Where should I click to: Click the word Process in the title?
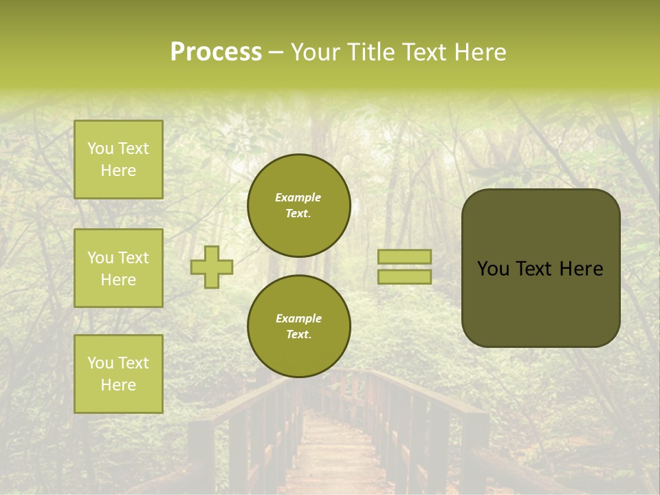click(x=216, y=52)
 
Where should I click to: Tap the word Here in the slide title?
click(x=479, y=52)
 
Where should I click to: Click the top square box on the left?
click(x=118, y=159)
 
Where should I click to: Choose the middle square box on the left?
click(x=118, y=268)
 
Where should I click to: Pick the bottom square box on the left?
click(x=118, y=374)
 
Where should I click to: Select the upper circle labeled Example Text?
click(x=299, y=206)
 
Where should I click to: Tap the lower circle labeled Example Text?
click(x=299, y=327)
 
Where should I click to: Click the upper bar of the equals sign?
click(x=405, y=256)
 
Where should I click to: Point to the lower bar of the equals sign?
click(x=405, y=276)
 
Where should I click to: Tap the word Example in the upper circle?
click(x=298, y=197)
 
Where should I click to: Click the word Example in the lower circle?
click(x=298, y=318)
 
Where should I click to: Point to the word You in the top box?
click(x=100, y=148)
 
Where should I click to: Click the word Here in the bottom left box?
click(x=118, y=385)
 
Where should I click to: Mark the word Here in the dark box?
click(x=581, y=269)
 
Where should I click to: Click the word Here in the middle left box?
click(x=118, y=280)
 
